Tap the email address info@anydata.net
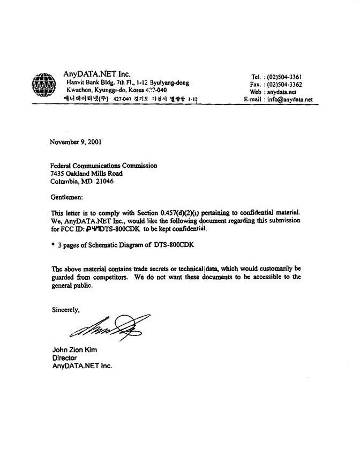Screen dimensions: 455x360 pos(290,99)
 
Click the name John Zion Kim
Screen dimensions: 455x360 pos(74,350)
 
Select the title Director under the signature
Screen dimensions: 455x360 pos(64,357)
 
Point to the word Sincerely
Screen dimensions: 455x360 pos(65,309)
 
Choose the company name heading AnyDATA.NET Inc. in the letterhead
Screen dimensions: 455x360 pos(96,74)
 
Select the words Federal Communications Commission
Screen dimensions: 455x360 pos(103,166)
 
